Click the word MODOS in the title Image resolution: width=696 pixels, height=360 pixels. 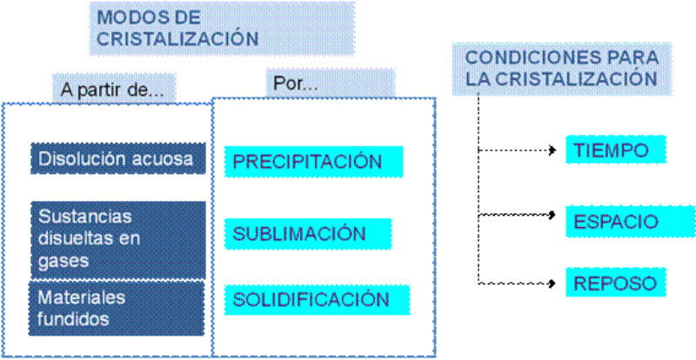click(122, 18)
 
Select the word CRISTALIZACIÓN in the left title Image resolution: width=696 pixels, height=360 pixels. click(177, 38)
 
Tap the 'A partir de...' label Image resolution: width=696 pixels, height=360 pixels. click(112, 89)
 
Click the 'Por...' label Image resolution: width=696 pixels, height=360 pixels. click(296, 86)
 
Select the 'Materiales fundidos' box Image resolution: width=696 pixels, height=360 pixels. click(117, 308)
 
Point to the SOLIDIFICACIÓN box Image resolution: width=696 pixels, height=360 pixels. click(310, 300)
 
